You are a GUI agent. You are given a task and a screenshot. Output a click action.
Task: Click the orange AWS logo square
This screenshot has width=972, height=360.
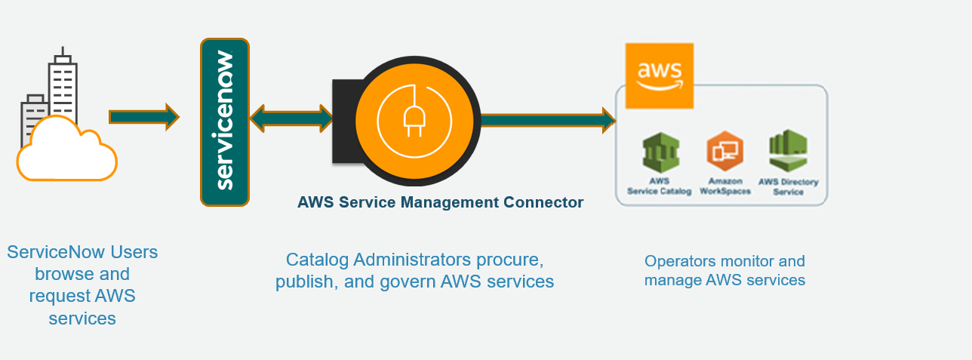[660, 76]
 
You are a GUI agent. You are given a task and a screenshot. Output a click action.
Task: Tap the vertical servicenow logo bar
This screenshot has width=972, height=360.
[225, 122]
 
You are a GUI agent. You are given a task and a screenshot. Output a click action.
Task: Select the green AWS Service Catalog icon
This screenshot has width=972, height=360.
[660, 153]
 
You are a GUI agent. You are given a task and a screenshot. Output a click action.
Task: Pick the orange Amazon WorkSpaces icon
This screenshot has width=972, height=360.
[724, 151]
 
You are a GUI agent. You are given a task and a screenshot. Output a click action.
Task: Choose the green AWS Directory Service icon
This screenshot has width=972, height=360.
[788, 152]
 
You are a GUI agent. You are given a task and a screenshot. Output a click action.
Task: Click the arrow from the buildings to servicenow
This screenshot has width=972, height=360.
[143, 116]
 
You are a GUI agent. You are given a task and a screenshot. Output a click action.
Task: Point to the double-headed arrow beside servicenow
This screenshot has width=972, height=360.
[291, 118]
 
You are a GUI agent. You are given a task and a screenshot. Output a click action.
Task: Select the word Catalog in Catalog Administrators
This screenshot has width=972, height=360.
[318, 260]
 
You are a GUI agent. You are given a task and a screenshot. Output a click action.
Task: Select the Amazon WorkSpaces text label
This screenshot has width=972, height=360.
[724, 186]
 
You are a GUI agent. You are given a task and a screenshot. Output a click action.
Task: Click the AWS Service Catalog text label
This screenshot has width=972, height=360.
[659, 186]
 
